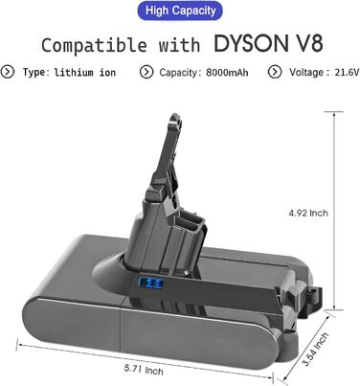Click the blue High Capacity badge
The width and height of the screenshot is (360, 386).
click(x=180, y=11)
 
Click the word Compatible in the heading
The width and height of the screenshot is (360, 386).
click(x=94, y=45)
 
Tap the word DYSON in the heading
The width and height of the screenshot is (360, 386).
click(x=251, y=43)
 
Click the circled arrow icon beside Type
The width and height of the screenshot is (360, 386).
click(x=8, y=72)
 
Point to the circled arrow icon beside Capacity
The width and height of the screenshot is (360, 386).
click(x=146, y=72)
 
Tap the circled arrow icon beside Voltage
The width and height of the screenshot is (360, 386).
click(x=275, y=72)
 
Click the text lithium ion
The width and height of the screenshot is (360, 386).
click(x=85, y=73)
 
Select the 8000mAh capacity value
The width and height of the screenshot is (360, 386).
click(x=227, y=73)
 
